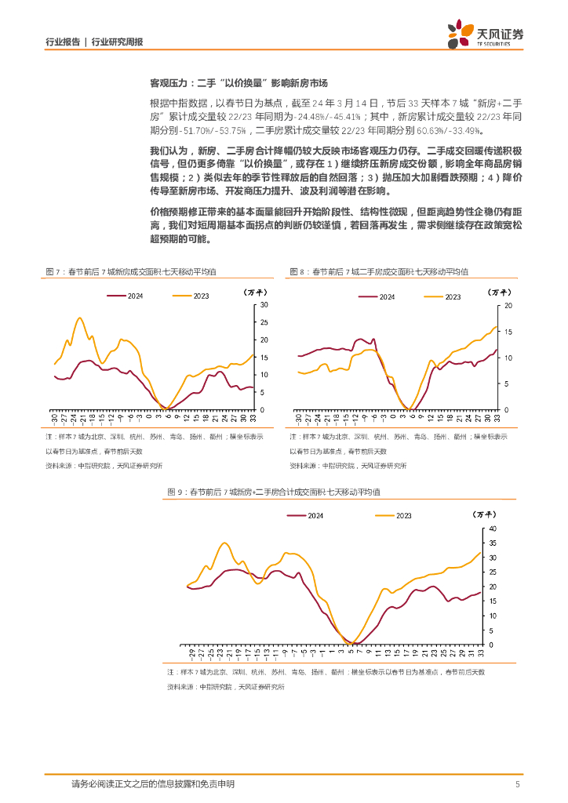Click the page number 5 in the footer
518,783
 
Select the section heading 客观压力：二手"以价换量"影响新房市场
238,82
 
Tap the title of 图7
131,271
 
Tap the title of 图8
378,271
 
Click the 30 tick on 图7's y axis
264,304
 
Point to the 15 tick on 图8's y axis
508,331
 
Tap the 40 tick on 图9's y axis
493,529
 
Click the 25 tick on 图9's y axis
493,572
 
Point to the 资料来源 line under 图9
225,687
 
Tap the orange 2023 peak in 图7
80,318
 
